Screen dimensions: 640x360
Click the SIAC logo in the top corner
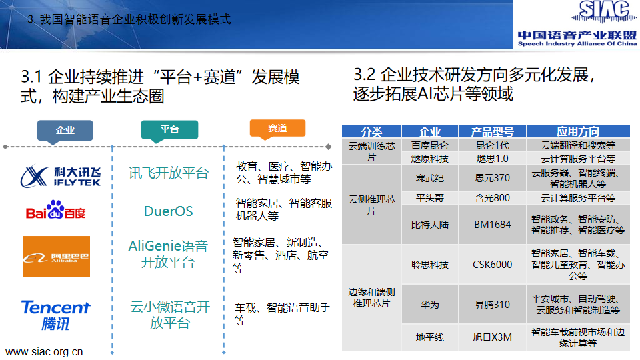pos(577,24)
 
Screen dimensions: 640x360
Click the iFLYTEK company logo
pos(61,176)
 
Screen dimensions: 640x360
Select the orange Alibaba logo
pos(56,257)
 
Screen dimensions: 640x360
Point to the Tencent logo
pos(55,315)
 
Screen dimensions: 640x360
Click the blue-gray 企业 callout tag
pos(65,131)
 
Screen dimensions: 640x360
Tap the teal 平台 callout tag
pos(169,131)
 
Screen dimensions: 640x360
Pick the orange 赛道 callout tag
pos(277,129)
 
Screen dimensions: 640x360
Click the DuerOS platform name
pos(168,211)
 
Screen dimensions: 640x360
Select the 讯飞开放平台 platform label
pos(169,173)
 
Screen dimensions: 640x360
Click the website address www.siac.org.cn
pos(44,352)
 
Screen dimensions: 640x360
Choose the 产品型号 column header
pos(493,131)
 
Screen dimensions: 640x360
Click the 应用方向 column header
pos(579,131)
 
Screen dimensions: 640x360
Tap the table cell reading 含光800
pos(493,198)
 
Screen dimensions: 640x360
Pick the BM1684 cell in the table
pos(493,225)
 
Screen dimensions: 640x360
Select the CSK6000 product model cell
pos(493,265)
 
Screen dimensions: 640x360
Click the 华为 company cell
pos(430,305)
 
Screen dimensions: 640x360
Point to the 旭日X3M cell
pos(493,337)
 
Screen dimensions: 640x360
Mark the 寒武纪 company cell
pos(430,178)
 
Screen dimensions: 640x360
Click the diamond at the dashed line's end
pos(329,147)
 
